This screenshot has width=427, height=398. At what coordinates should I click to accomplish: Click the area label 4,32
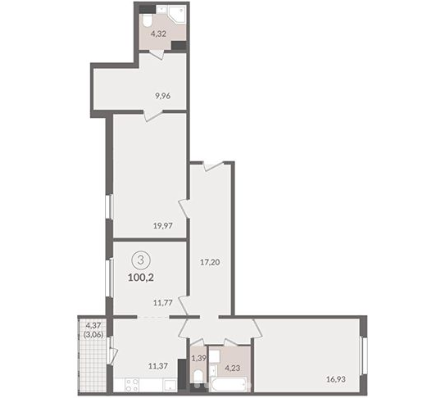click(158, 34)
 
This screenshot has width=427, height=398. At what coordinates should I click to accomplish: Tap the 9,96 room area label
click(163, 96)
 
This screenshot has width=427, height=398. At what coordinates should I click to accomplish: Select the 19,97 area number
click(163, 225)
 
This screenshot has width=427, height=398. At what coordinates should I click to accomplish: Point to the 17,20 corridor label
click(210, 262)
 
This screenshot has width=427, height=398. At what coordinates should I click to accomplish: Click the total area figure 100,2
click(141, 278)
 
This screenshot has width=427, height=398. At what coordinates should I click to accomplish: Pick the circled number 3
click(141, 260)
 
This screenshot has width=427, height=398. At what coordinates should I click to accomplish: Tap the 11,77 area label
click(163, 302)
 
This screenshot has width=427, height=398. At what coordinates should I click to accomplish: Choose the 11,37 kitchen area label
click(158, 365)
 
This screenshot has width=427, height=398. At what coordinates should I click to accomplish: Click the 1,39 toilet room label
click(199, 357)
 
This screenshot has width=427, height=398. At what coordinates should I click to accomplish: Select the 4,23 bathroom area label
click(233, 368)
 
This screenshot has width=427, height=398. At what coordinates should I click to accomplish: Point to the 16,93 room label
click(336, 379)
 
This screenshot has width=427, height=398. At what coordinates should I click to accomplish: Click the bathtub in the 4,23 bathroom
click(230, 385)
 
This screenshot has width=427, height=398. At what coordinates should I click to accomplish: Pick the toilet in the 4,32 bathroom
click(147, 20)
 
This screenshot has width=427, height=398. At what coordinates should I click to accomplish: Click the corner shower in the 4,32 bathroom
click(178, 15)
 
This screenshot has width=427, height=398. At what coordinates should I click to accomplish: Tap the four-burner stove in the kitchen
click(132, 385)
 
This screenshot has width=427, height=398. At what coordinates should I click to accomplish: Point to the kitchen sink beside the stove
click(170, 385)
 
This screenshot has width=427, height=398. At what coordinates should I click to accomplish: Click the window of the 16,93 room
click(364, 355)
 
